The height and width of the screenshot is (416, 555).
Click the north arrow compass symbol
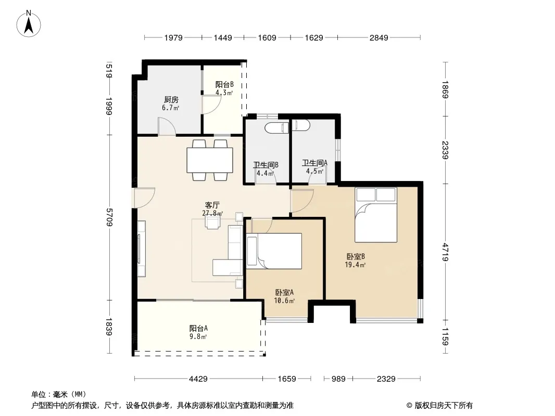pos(29,24)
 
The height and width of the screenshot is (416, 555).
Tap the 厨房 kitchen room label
pos(171,100)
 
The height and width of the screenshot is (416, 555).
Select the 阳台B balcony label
pos(224,84)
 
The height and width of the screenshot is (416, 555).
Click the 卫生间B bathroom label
pos(266,165)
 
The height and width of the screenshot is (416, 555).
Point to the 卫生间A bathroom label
pos(314,163)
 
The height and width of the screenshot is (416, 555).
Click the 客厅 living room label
pos(212,205)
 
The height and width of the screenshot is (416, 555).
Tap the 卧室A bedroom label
pos(284,293)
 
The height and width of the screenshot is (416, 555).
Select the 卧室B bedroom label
pos(356,256)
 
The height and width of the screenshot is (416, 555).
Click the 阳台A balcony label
pos(198,328)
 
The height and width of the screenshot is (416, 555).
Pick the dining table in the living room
pos(209,160)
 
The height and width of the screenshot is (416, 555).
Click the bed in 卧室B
pos(376,215)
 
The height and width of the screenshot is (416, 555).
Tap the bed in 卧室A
pos(274,251)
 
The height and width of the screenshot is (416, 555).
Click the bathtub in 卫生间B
pos(277,127)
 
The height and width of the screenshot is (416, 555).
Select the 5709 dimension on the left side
pos(109,217)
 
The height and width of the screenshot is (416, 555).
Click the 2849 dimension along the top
pos(379,37)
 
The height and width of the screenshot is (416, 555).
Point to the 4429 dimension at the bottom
pos(198,379)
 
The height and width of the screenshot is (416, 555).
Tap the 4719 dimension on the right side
pos(446,252)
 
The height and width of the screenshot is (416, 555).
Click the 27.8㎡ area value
pos(212,214)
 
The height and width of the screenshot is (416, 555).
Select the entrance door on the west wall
pos(143,198)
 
